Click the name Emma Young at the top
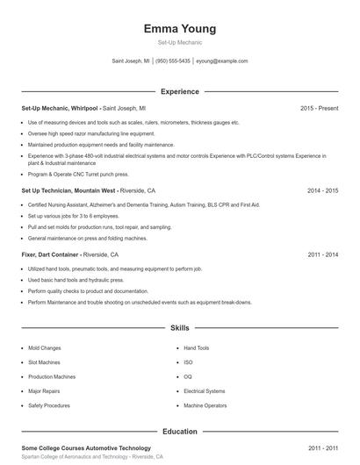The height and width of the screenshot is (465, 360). point(180,28)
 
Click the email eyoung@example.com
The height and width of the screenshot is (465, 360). point(221,61)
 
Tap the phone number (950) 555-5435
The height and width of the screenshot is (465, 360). point(174,61)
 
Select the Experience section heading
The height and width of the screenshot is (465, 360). point(180,91)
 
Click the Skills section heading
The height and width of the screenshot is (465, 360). point(180,328)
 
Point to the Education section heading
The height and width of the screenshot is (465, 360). point(180,432)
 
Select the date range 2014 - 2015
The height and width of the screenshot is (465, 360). point(323,190)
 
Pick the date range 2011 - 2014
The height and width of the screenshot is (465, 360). point(323,254)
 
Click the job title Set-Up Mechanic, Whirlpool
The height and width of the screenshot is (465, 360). point(60,108)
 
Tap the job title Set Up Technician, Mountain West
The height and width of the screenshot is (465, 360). point(69,190)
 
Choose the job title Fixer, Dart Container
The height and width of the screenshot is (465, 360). point(54,254)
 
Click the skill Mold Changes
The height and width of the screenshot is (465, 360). point(45,348)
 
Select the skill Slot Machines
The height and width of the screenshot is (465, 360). point(45,362)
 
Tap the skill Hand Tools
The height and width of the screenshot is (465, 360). point(197,348)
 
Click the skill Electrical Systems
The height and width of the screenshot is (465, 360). point(205,391)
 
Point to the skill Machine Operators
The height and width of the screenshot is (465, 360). point(205,405)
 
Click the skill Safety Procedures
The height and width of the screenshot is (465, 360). point(48,405)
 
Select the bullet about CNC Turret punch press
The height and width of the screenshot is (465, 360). point(73,174)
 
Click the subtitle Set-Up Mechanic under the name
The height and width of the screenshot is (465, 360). point(180,43)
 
